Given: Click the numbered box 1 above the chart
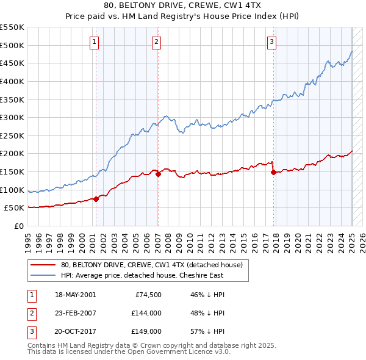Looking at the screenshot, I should tap(95, 42).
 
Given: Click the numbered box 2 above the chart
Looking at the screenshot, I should tap(157, 42).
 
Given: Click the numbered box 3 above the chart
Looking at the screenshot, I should tap(271, 42).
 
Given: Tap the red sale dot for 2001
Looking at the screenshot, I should tap(96, 199).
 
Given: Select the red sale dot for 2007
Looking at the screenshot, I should tap(158, 174).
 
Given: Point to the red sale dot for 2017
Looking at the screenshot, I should tap(273, 172).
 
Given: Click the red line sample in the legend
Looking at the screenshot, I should tap(43, 265).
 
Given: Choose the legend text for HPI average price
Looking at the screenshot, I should tap(142, 275).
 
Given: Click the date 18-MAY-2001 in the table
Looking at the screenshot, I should tap(75, 295).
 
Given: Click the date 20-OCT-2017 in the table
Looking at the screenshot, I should tap(75, 331).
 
